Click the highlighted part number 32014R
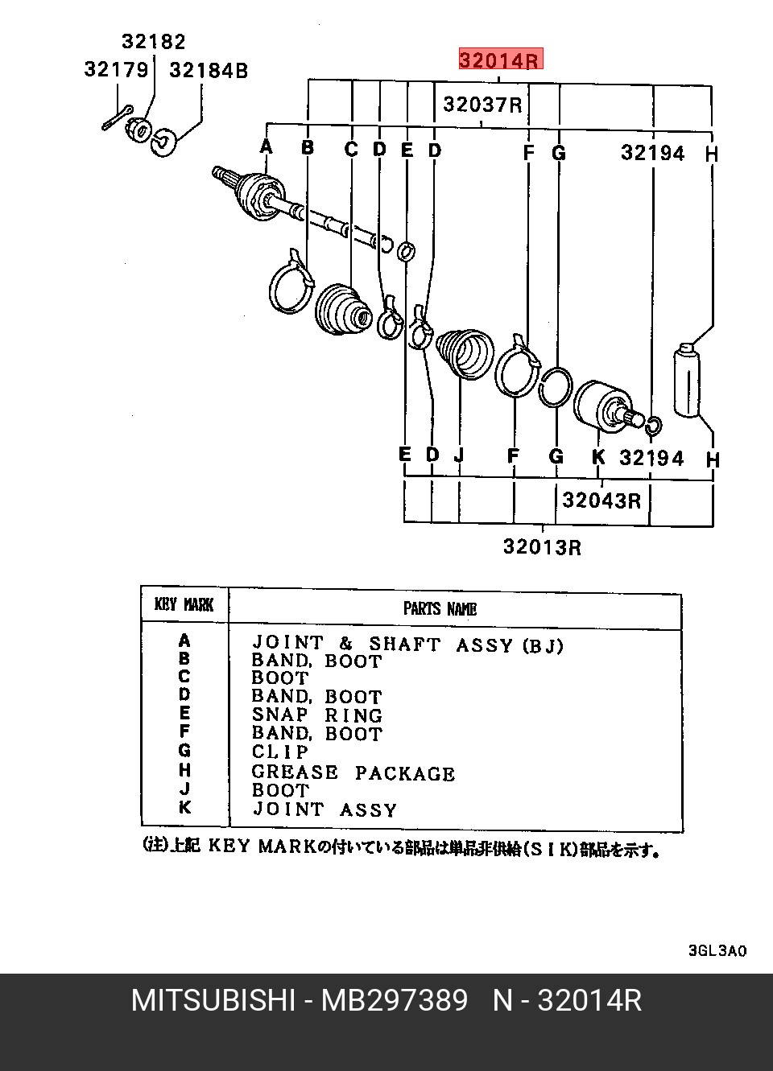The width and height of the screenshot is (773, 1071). pyautogui.click(x=501, y=59)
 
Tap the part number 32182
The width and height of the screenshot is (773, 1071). pyautogui.click(x=153, y=42)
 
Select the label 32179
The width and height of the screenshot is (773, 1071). pyautogui.click(x=116, y=70)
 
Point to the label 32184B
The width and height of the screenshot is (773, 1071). pyautogui.click(x=209, y=71)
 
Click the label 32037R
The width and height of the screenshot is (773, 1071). pyautogui.click(x=482, y=105)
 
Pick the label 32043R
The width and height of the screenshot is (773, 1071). pyautogui.click(x=601, y=500)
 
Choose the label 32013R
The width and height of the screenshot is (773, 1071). pyautogui.click(x=543, y=547)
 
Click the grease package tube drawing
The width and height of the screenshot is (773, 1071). pyautogui.click(x=687, y=380)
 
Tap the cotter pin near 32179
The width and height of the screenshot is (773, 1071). pyautogui.click(x=117, y=117)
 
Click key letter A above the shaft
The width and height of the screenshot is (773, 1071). pyautogui.click(x=266, y=146)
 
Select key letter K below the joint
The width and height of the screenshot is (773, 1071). pyautogui.click(x=598, y=457)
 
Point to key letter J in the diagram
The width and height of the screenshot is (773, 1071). pyautogui.click(x=459, y=455)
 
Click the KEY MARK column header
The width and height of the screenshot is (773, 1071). pyautogui.click(x=184, y=605)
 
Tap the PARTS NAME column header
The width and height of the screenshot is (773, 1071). pyautogui.click(x=440, y=608)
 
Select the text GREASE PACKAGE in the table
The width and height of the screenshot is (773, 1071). pyautogui.click(x=353, y=773)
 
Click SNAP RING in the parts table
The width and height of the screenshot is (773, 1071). pyautogui.click(x=317, y=715)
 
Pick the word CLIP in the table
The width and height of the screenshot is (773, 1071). pyautogui.click(x=280, y=752)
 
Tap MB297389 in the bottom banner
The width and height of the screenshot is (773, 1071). pyautogui.click(x=395, y=1000)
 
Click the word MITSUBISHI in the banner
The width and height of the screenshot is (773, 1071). pyautogui.click(x=213, y=1000)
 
